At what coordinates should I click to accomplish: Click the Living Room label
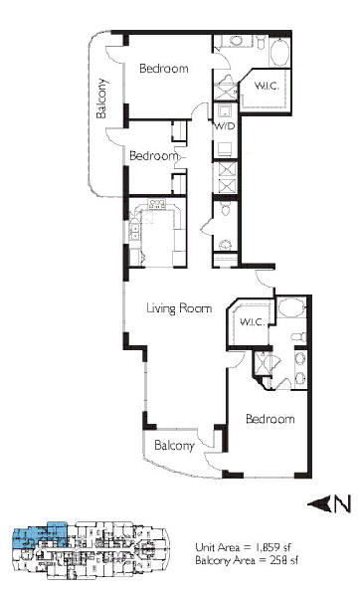point(179,308)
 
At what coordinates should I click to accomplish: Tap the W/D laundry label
point(224,126)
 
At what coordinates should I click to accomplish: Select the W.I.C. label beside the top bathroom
point(267,86)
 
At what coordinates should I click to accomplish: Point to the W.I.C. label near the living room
point(253,321)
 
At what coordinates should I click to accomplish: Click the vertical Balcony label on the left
point(101,98)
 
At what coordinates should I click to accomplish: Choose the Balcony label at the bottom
point(174,446)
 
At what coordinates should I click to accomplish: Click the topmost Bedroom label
point(164,69)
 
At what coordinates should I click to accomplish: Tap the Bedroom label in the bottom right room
point(270,419)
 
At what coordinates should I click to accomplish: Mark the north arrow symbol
point(329,503)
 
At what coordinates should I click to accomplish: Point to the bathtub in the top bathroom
point(279,52)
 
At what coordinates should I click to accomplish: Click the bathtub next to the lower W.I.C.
point(291,307)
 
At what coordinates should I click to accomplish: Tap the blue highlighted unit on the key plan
point(40,534)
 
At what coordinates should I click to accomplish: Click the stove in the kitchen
point(157,204)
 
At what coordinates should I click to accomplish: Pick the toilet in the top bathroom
point(262,42)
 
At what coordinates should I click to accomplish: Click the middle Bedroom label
point(153,156)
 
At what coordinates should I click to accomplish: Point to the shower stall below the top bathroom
point(226,90)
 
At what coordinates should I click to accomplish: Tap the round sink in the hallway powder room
point(226,245)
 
